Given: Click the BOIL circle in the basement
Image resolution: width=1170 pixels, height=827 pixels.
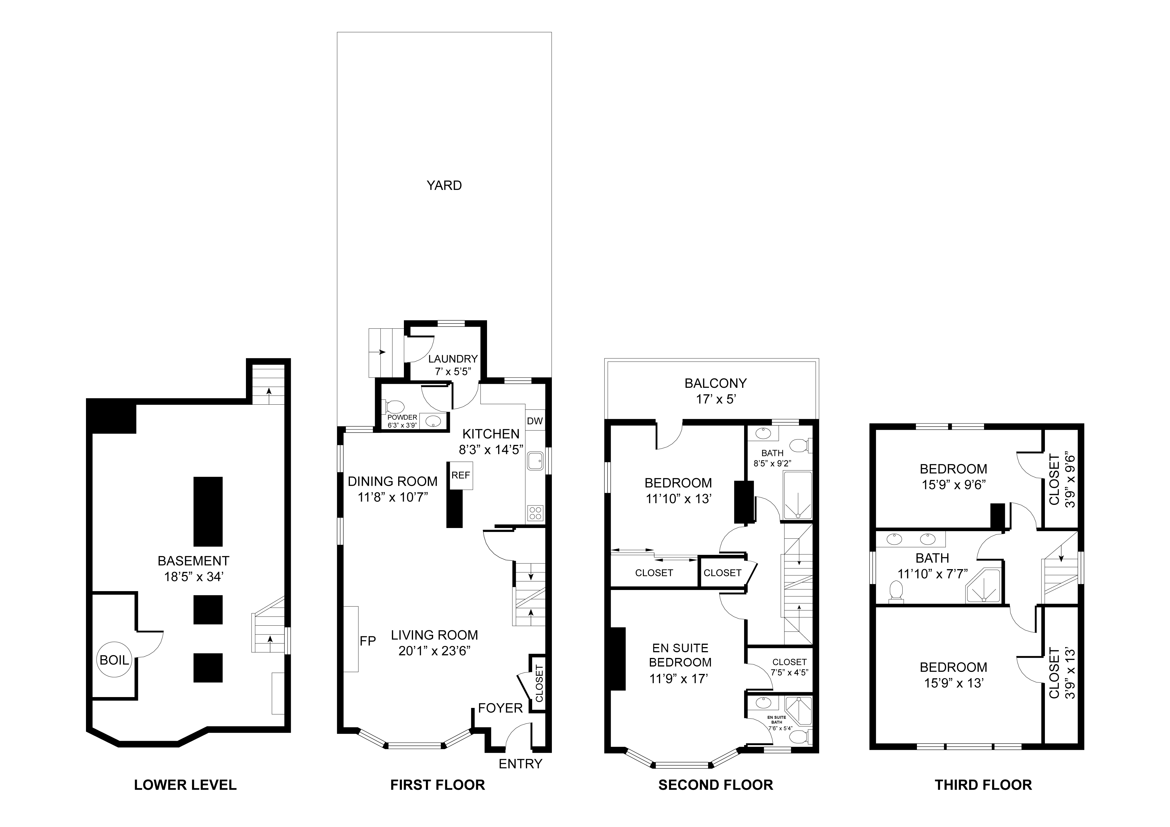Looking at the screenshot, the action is [x=114, y=659].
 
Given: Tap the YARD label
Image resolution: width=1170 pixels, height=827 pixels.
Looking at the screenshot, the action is [x=444, y=186].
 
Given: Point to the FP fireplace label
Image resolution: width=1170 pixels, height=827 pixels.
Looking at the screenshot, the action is [x=367, y=641].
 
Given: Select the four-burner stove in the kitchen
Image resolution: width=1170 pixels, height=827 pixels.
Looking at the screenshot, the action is [x=535, y=513].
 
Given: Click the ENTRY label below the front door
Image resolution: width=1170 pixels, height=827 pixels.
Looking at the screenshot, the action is [x=520, y=763].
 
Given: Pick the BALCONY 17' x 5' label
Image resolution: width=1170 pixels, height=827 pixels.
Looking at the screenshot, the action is [x=716, y=391].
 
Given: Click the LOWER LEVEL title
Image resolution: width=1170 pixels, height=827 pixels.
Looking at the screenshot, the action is [x=185, y=785].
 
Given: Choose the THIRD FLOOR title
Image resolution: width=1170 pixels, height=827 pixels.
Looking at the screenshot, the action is [x=983, y=785].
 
